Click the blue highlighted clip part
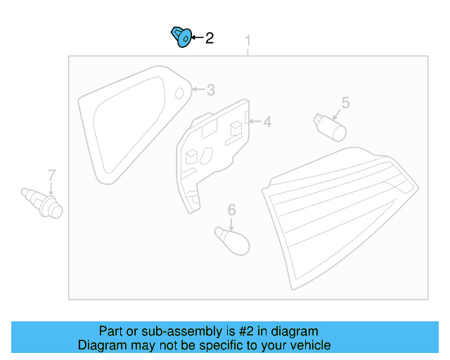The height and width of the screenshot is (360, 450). click(181, 37)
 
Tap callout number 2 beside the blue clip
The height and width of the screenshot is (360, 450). click(209, 38)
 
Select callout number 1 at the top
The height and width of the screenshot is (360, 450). click(247, 44)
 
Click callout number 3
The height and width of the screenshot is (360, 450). click(210, 90)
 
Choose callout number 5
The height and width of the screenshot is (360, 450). click(345, 103)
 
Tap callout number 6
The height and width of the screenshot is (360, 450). click(231, 209)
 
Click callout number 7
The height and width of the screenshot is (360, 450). click(51, 174)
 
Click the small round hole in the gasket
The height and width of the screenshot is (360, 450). click(179, 93)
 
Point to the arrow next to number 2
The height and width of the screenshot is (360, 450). click(195, 38)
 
